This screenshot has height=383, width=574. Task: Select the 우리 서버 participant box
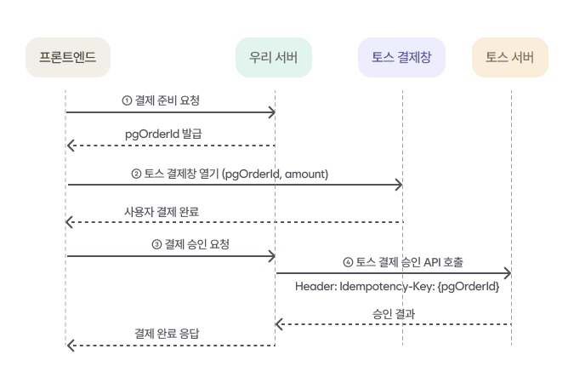tap(274, 58)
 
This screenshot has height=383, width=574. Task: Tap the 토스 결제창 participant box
tap(402, 58)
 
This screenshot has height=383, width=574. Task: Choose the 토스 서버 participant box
tap(510, 58)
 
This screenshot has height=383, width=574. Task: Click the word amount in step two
tap(305, 174)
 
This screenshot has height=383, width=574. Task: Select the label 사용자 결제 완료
tap(162, 211)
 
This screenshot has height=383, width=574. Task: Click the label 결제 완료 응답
tap(170, 333)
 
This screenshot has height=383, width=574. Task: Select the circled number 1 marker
tap(128, 100)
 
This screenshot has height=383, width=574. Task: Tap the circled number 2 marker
tap(136, 174)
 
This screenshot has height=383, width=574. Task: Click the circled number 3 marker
tap(156, 244)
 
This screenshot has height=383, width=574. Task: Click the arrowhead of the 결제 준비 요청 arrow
tap(271, 111)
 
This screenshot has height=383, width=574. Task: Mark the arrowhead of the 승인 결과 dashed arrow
tap(279, 324)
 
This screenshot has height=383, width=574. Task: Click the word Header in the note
tap(315, 287)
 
